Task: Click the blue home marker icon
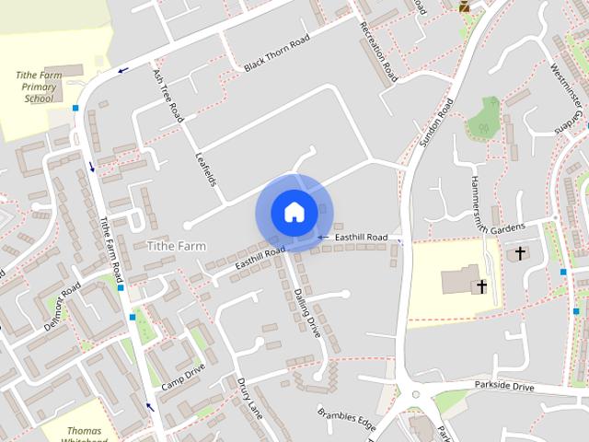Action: click(294, 212)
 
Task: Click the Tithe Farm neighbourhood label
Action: click(177, 246)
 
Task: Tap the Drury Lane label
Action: click(250, 398)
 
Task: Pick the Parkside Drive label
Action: click(503, 386)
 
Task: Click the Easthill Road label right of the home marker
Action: click(361, 238)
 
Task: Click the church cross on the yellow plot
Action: click(481, 287)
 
